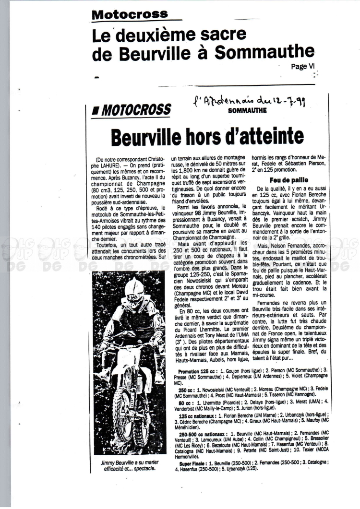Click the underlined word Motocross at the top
pos(130,14)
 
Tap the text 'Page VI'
pos(302,67)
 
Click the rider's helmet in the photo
pos(135,289)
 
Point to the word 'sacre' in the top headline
pos(223,34)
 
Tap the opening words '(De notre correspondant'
pos(124,159)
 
